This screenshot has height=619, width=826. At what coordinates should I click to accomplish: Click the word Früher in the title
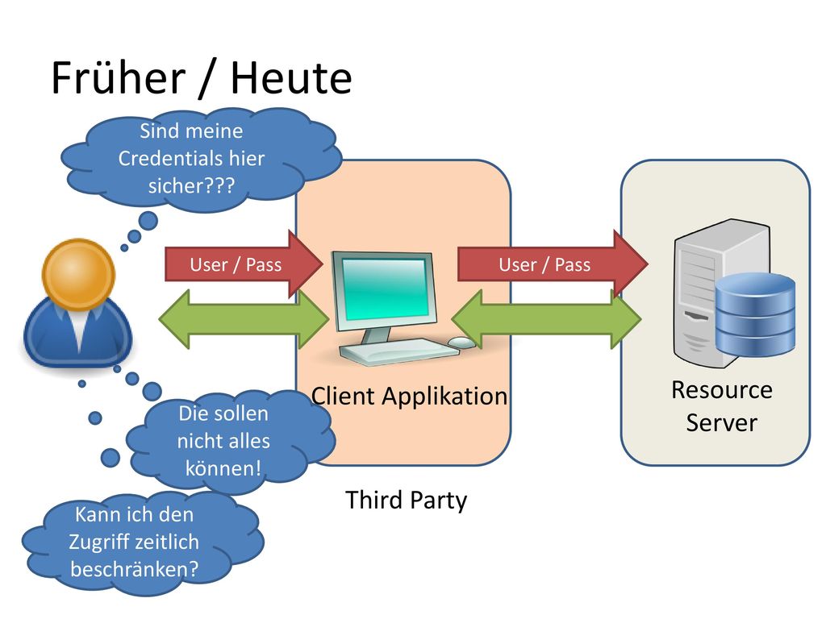[x=118, y=78]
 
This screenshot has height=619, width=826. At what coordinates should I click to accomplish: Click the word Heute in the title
[x=291, y=78]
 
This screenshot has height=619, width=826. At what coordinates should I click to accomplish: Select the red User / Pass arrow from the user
[x=244, y=264]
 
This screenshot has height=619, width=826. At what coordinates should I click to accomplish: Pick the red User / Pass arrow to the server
[x=553, y=264]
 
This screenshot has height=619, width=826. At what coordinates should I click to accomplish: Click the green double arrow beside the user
[x=244, y=319]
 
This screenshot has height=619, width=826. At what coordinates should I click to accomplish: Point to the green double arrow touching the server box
[x=547, y=319]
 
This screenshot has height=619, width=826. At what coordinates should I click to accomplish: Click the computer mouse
[x=462, y=342]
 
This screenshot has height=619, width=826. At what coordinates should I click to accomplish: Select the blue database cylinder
[x=755, y=314]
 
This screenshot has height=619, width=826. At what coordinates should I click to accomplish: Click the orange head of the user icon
[x=78, y=274]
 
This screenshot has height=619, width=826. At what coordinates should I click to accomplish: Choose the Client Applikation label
[x=409, y=397]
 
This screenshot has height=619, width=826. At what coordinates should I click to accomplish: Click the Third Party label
[x=407, y=500]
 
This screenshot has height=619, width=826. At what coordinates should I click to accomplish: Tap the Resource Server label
[x=722, y=406]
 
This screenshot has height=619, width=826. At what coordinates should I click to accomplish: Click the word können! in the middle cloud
[x=223, y=468]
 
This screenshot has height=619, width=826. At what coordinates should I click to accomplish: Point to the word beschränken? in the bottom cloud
[x=135, y=569]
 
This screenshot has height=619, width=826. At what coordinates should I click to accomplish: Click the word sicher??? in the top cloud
[x=191, y=186]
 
